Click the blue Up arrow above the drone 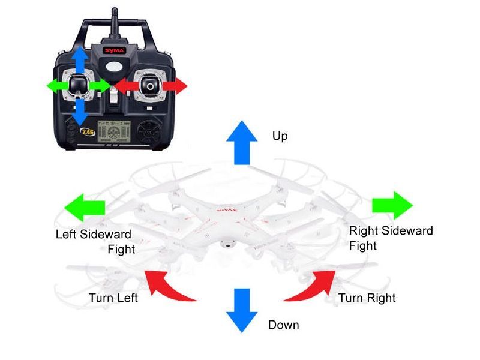coord(242,143)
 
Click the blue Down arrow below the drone coord(242,310)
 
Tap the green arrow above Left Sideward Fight coord(85,208)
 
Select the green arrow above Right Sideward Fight coord(392,205)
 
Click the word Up coord(280,136)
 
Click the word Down coord(283,325)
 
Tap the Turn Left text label coord(113,298)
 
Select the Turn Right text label coord(367,298)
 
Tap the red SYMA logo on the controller coord(115,50)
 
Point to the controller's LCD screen coord(114,131)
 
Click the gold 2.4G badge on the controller coord(88,132)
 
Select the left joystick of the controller coord(79,85)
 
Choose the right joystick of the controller coord(150,85)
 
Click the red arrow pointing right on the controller coord(175,86)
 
